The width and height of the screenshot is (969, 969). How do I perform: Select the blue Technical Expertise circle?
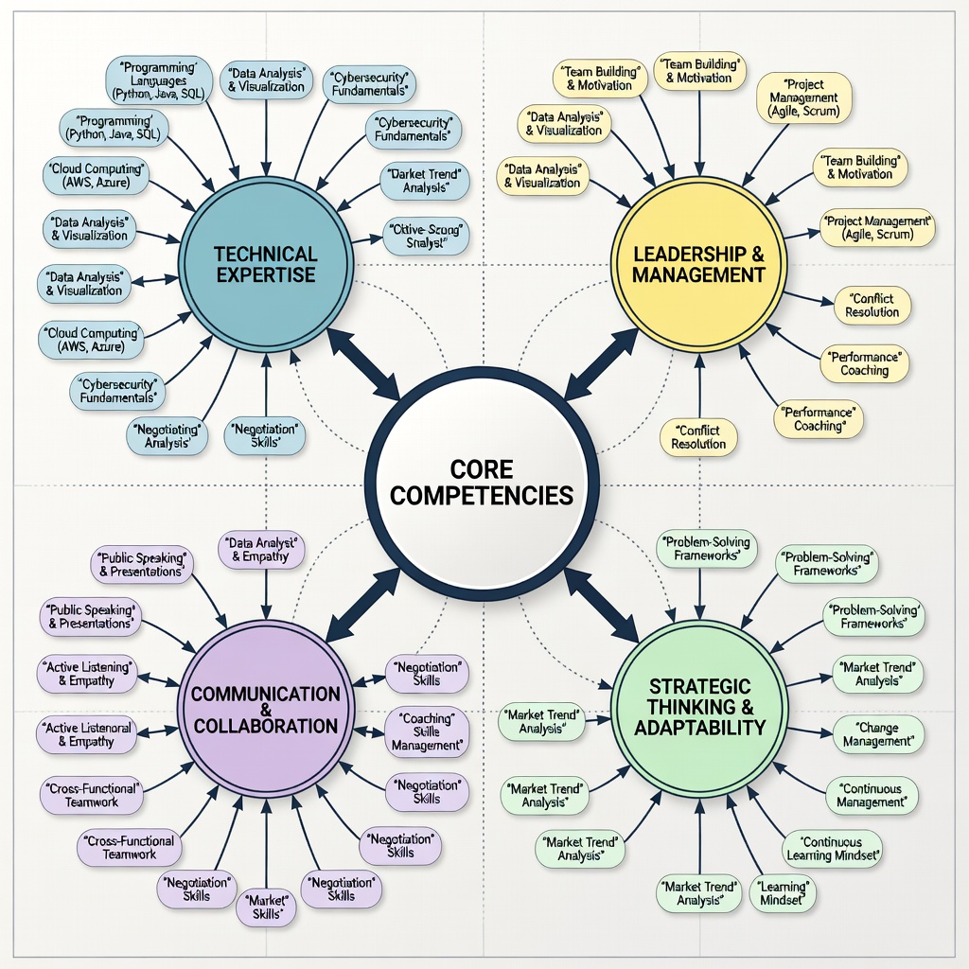click(265, 265)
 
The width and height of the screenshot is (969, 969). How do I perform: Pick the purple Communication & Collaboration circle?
click(265, 709)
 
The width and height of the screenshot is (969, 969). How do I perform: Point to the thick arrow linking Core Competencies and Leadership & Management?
click(601, 363)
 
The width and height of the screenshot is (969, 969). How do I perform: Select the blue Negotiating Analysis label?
click(167, 435)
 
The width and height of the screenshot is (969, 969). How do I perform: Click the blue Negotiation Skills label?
click(265, 435)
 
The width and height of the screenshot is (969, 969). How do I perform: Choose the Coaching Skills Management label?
click(427, 732)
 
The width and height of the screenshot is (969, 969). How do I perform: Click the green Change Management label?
click(876, 734)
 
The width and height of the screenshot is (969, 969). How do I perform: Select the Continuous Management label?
click(871, 795)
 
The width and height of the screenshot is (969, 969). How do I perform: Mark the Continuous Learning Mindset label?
click(833, 848)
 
